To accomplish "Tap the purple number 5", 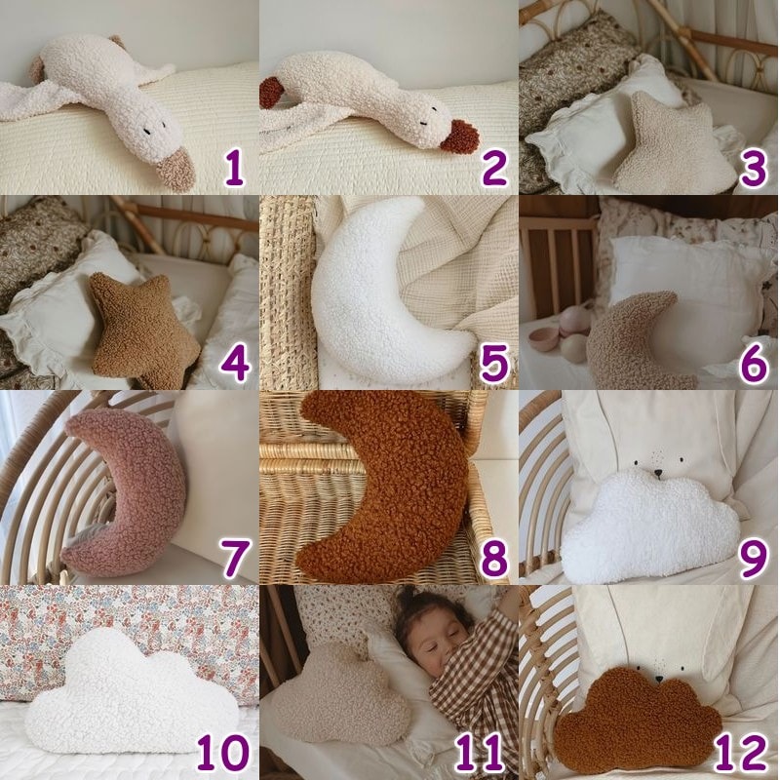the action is tap(493, 364).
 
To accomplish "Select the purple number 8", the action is tap(493, 559).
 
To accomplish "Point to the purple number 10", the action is tap(223, 753).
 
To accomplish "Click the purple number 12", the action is tap(741, 753).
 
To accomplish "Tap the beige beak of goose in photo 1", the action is tap(175, 171).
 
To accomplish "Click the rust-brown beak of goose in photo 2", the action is tap(460, 136).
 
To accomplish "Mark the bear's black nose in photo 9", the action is tap(658, 472).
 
